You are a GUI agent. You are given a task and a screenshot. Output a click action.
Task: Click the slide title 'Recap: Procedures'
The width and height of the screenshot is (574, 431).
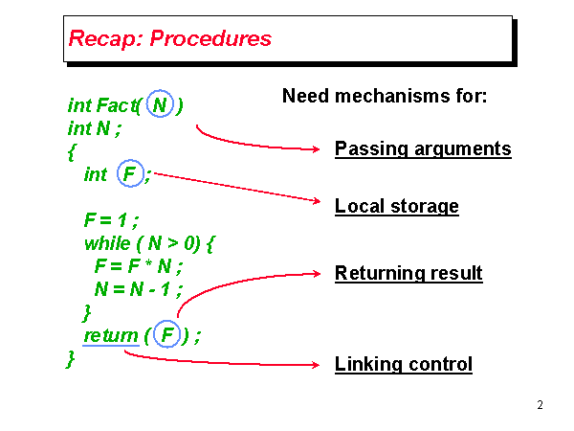coord(170,39)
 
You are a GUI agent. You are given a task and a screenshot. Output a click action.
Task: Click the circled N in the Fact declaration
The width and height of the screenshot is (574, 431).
coord(161,103)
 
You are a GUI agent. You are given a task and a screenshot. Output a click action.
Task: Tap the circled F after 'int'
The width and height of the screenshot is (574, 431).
coord(129,174)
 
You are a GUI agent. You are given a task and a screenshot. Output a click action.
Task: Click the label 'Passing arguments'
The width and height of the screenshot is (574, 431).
coord(423,149)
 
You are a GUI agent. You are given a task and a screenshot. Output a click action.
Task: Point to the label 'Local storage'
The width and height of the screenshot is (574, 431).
coord(397,207)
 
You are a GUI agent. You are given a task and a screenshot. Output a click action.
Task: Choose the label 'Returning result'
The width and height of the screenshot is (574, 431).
coord(408,274)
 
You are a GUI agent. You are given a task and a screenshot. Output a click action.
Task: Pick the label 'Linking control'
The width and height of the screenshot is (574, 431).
coord(404,365)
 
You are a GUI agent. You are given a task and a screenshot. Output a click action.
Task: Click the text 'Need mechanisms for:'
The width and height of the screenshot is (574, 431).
coord(386,97)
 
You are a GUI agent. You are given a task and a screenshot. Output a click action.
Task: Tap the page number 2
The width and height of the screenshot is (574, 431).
coord(541,405)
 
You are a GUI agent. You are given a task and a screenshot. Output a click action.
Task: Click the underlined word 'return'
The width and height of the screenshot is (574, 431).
coord(111,335)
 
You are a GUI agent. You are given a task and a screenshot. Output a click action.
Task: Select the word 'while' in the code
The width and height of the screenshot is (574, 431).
coord(106,243)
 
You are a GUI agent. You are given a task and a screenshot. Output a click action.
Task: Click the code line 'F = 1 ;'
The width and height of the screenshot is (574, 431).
coord(112,220)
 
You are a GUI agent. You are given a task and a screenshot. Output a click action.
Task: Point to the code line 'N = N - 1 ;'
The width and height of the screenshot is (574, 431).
coord(138,289)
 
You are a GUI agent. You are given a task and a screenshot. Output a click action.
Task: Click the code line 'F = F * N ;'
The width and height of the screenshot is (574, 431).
coord(138,266)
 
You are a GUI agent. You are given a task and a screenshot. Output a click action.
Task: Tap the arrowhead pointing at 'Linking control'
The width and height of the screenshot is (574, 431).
coord(319,365)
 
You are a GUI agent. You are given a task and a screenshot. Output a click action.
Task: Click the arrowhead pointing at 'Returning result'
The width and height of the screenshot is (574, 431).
coord(319,273)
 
